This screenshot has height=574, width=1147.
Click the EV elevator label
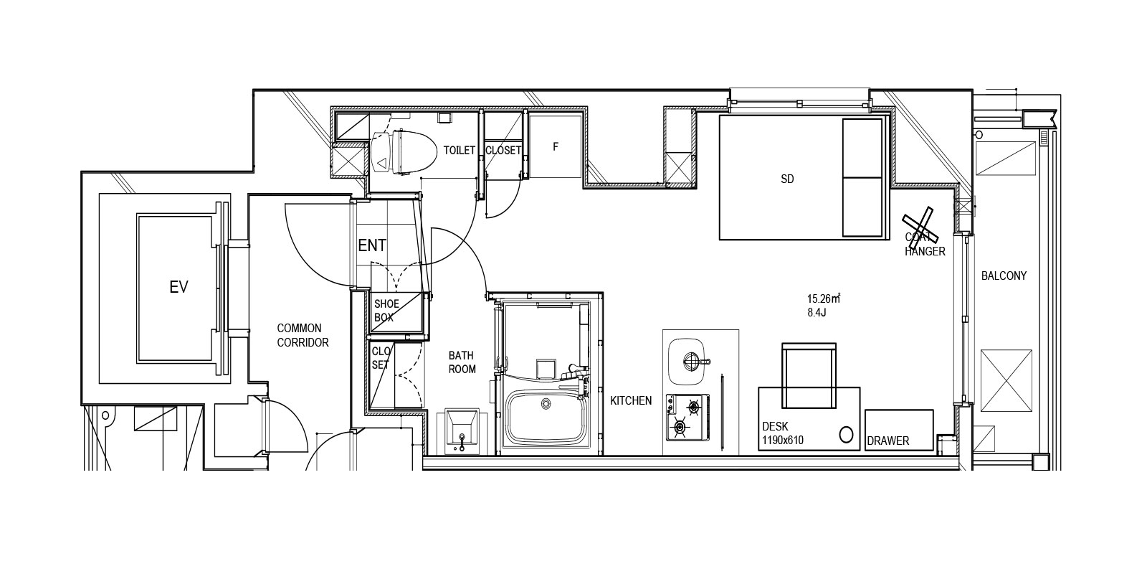[x=179, y=287]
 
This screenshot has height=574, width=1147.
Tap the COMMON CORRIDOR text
[x=303, y=335]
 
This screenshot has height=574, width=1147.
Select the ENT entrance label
[x=372, y=245]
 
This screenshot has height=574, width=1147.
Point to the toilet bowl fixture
[x=404, y=151]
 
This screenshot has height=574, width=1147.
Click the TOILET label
[x=460, y=150]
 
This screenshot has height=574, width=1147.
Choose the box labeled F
[x=555, y=146]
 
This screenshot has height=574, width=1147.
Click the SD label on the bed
[x=787, y=179]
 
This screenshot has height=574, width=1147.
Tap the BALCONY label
[x=1004, y=276]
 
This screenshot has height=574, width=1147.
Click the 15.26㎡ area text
[x=824, y=298]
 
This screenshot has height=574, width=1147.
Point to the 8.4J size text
[x=817, y=312]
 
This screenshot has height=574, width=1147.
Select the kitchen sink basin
[x=688, y=362]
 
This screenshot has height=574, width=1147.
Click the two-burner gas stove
[x=687, y=417]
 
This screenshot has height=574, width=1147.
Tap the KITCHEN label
[x=631, y=401]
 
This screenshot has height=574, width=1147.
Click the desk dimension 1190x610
[x=782, y=440]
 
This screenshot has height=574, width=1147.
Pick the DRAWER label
[x=888, y=441]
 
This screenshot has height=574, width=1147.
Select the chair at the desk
[x=809, y=376]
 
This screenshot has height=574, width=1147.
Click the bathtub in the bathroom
[x=545, y=417]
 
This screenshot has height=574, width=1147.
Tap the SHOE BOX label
[x=386, y=311]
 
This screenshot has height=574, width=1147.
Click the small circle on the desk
[x=846, y=435]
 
